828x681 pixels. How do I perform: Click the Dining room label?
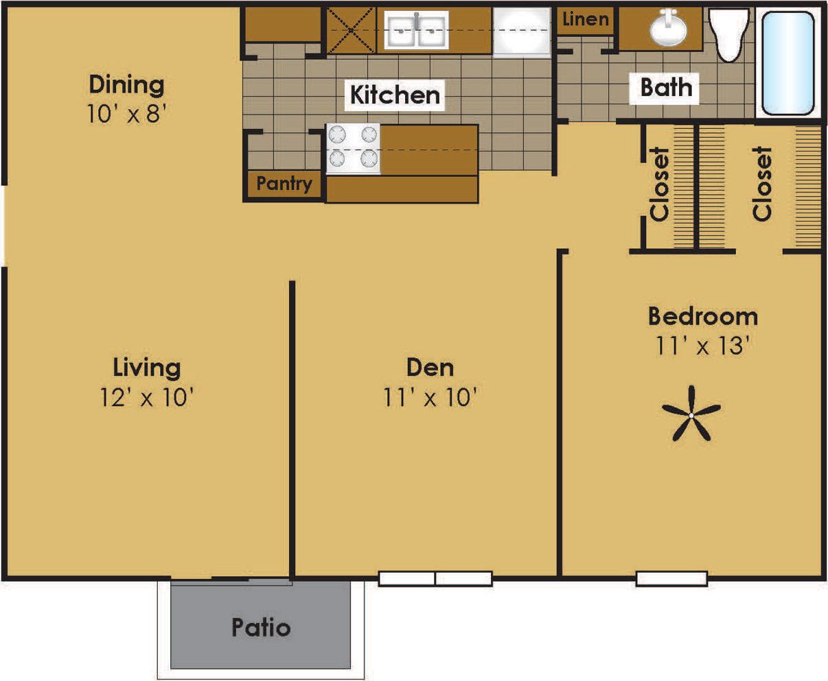[127, 85]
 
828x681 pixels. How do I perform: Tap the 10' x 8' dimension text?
[127, 113]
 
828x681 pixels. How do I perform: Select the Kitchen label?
[395, 95]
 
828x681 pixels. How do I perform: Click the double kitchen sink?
[415, 30]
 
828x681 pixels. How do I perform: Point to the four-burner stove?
[353, 148]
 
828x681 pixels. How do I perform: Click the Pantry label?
[284, 184]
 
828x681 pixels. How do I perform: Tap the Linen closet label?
[585, 19]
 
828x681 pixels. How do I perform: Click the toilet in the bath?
[730, 34]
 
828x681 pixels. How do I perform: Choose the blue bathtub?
[788, 62]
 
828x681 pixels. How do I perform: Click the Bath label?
[665, 88]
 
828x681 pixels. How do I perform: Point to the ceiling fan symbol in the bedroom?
[691, 414]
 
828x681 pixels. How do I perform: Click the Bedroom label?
[702, 316]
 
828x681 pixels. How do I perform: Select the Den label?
[430, 367]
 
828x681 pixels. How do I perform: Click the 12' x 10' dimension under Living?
[147, 397]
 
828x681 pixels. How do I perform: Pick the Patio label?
[261, 627]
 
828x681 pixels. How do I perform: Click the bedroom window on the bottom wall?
[671, 579]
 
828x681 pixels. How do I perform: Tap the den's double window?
[435, 579]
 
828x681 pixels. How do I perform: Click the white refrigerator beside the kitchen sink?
[522, 31]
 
